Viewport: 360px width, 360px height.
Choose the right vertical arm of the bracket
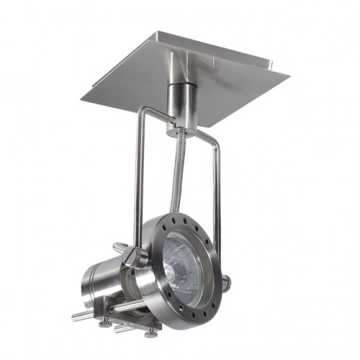216,187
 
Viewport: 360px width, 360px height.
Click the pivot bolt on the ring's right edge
225,283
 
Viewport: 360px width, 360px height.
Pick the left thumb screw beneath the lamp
105,323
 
